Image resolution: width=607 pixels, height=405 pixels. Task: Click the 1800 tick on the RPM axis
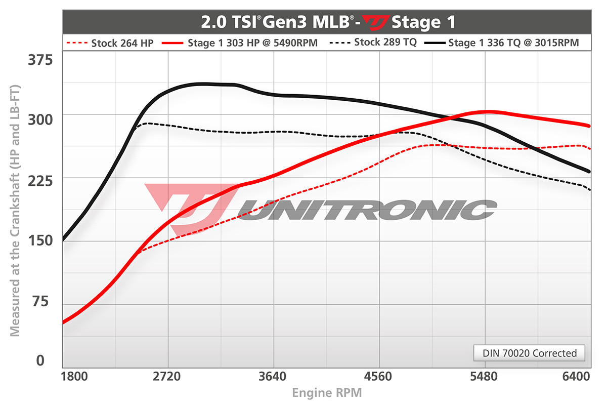73,377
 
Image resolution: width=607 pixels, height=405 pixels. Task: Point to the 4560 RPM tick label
378,377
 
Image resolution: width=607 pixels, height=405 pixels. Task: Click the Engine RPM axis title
327,393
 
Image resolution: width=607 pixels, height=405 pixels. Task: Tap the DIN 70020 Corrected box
529,353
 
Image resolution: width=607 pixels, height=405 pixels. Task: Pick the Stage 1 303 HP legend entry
240,43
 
